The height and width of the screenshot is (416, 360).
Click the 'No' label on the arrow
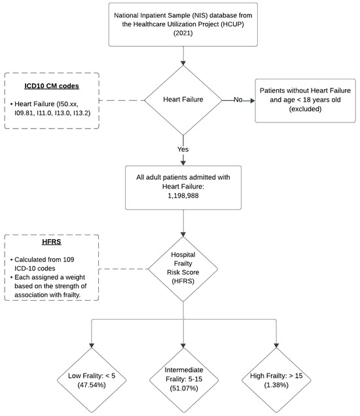pyautogui.click(x=238, y=100)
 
